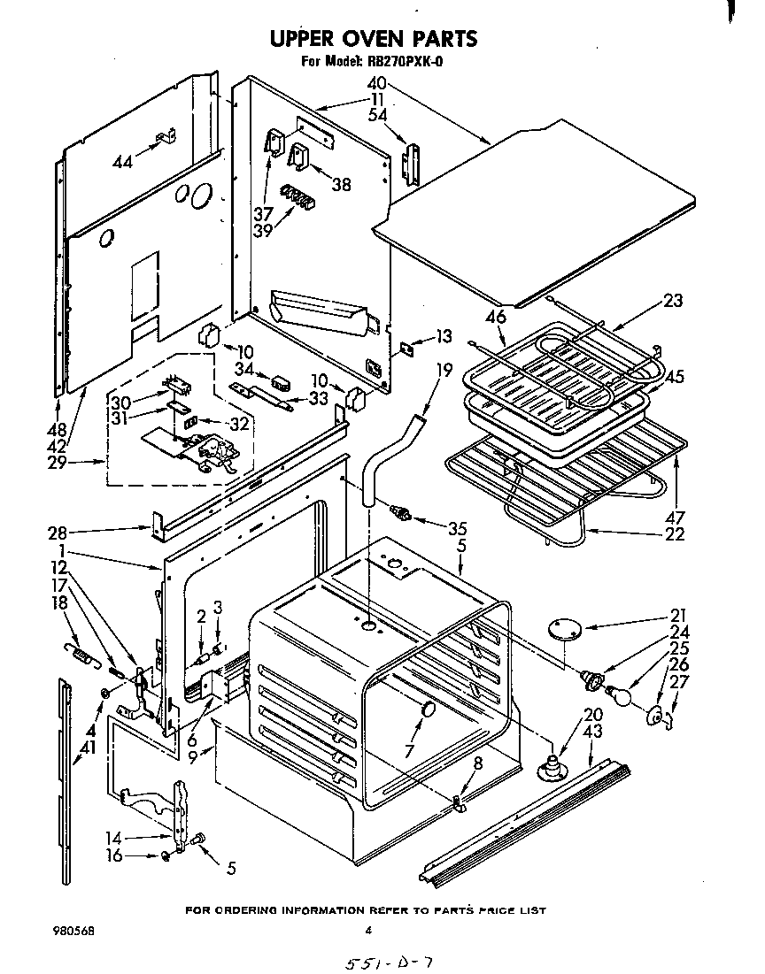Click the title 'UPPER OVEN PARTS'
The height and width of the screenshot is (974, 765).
(373, 38)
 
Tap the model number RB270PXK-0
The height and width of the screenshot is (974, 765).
(406, 62)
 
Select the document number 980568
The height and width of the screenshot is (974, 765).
(74, 931)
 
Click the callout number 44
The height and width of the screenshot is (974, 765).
(124, 162)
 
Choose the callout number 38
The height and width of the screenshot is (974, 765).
(340, 184)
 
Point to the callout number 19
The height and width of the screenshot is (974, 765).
(444, 371)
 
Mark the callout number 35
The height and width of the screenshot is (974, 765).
(456, 529)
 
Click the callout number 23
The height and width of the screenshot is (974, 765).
(673, 300)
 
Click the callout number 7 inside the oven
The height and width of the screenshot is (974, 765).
(409, 751)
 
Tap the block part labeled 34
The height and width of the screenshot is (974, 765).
(281, 383)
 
